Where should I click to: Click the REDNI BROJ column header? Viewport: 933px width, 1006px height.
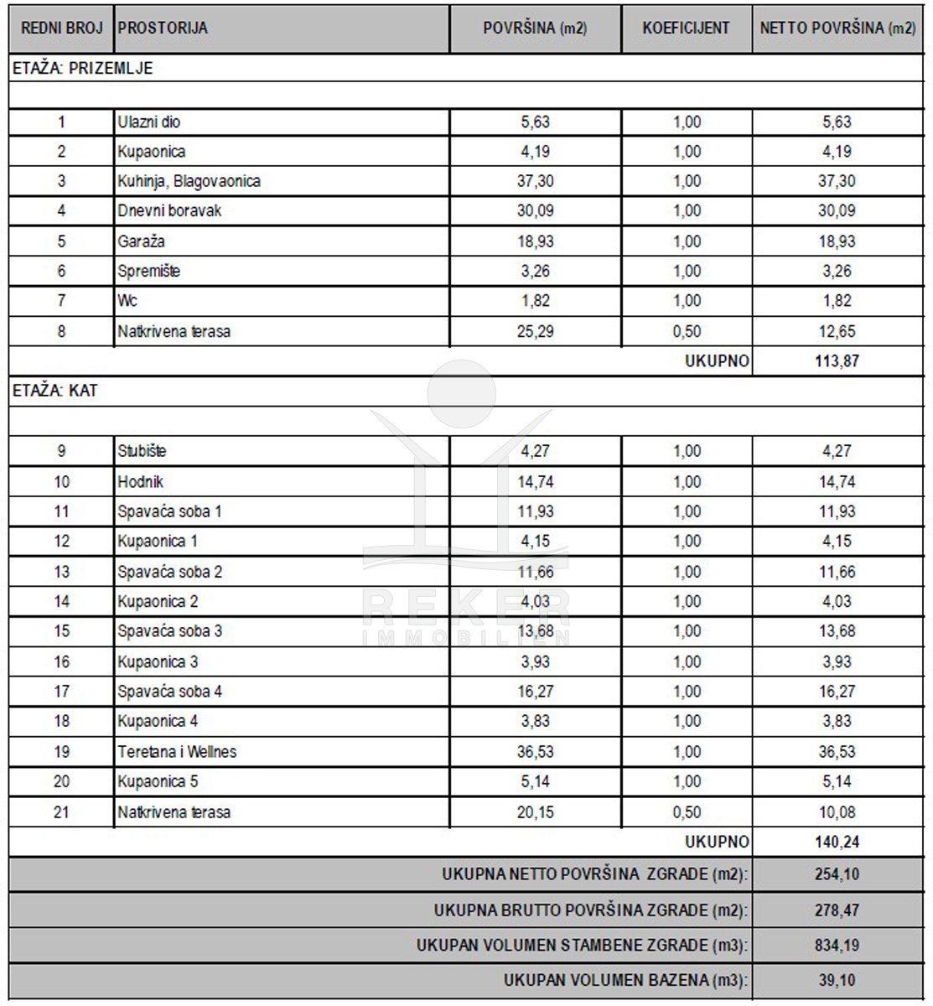tap(61, 28)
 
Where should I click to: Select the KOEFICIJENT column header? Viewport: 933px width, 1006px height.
tap(686, 28)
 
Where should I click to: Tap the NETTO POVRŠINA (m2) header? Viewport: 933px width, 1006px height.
tap(837, 28)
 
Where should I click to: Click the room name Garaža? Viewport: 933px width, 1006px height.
tap(141, 241)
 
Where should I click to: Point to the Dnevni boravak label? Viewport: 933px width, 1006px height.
tap(169, 211)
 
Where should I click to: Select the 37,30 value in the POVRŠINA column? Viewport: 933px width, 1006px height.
tap(535, 181)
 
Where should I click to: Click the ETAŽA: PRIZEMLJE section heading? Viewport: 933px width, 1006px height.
tap(83, 69)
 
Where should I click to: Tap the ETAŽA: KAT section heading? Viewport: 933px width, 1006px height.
tap(55, 391)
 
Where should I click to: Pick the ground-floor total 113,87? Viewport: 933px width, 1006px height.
tap(837, 361)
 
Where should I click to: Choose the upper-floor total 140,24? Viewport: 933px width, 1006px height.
tap(837, 842)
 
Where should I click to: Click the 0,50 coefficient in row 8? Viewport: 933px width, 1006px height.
tap(687, 331)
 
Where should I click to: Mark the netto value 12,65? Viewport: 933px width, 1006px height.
tap(837, 331)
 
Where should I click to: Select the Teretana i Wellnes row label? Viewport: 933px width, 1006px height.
tap(177, 752)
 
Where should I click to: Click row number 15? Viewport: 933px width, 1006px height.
tap(61, 631)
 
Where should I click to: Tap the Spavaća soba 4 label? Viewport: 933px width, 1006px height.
tap(169, 692)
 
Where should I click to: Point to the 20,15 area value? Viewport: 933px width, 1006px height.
tap(535, 812)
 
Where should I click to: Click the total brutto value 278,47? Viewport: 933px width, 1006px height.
tap(837, 910)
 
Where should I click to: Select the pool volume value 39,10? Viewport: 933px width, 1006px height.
tap(837, 980)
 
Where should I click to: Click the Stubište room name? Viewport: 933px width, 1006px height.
tap(142, 451)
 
